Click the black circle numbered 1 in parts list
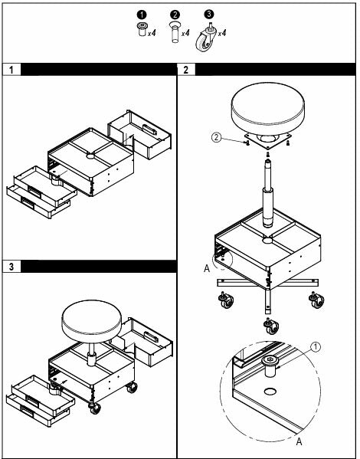pyautogui.click(x=142, y=15)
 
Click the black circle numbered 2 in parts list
pyautogui.click(x=175, y=15)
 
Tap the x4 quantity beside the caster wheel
pyautogui.click(x=222, y=32)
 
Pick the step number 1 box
pyautogui.click(x=11, y=70)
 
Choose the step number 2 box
pyautogui.click(x=186, y=70)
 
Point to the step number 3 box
pyautogui.click(x=11, y=267)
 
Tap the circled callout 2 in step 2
pyautogui.click(x=217, y=136)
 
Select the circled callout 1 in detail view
pyautogui.click(x=316, y=347)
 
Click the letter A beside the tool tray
pyautogui.click(x=207, y=268)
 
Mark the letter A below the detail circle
pyautogui.click(x=299, y=441)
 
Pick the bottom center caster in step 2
pyautogui.click(x=271, y=326)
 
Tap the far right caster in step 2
pyautogui.click(x=316, y=300)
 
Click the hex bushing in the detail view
pyautogui.click(x=270, y=366)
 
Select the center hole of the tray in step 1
pyautogui.click(x=90, y=156)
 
